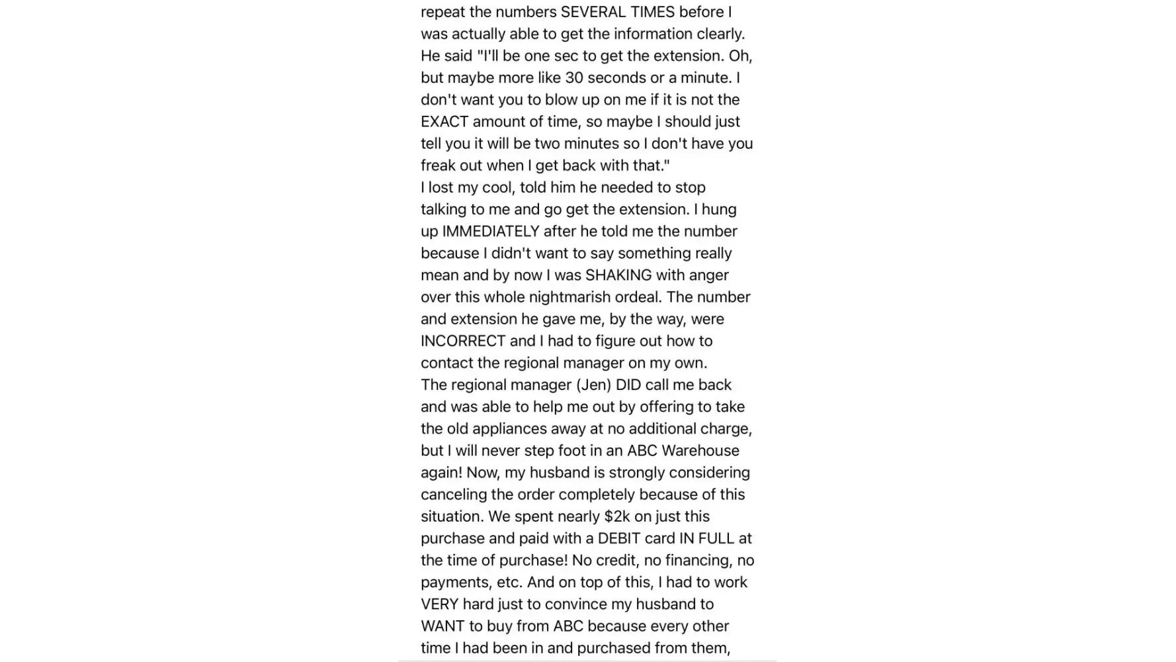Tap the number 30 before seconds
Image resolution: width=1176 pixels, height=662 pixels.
pyautogui.click(x=574, y=77)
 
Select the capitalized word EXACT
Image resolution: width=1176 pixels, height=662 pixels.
pyautogui.click(x=446, y=121)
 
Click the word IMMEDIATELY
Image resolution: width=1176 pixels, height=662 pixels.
pyautogui.click(x=491, y=231)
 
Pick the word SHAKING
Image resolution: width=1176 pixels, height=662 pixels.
pyautogui.click(x=618, y=275)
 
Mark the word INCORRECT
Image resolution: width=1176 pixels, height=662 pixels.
pyautogui.click(x=463, y=341)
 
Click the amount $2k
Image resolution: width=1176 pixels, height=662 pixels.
pyautogui.click(x=616, y=516)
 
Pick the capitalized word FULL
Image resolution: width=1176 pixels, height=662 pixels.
pyautogui.click(x=714, y=538)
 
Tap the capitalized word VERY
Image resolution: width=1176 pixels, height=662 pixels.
pyautogui.click(x=439, y=604)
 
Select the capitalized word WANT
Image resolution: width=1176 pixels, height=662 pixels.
pyautogui.click(x=442, y=626)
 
